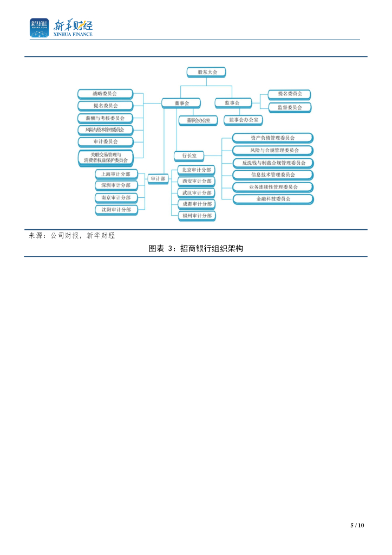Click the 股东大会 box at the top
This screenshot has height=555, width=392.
[x=206, y=72]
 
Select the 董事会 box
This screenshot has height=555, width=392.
[x=180, y=102]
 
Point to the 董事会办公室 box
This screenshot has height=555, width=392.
[x=198, y=120]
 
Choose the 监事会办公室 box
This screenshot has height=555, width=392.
[x=243, y=120]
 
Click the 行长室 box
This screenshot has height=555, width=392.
[x=189, y=156]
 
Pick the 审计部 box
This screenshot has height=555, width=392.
[x=158, y=178]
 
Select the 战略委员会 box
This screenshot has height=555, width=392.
[x=104, y=94]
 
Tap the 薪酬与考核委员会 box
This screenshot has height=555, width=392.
[x=104, y=118]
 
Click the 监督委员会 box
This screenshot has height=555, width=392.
[x=290, y=107]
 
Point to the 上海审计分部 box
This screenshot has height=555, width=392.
[x=116, y=174]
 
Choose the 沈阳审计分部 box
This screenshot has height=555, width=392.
[x=116, y=209]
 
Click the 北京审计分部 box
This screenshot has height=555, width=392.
[x=197, y=170]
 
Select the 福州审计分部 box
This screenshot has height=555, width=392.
[x=197, y=216]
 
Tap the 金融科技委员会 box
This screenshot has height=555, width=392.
[x=273, y=199]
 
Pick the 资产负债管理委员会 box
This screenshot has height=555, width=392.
[x=273, y=138]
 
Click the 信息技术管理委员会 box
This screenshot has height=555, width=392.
[x=273, y=175]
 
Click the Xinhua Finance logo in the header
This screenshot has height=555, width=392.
[x=61, y=28]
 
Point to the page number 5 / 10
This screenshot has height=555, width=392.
[x=357, y=525]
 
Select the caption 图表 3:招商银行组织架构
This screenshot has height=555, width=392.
[x=196, y=249]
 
